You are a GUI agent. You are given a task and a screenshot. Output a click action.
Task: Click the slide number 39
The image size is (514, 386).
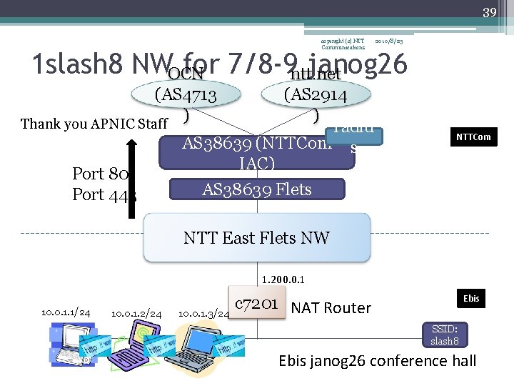(489, 13)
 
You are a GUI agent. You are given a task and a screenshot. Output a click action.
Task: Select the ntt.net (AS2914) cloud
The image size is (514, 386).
(315, 95)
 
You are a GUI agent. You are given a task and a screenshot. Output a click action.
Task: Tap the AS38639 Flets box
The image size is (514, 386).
(257, 189)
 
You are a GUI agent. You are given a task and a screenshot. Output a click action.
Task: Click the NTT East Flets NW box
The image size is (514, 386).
(256, 238)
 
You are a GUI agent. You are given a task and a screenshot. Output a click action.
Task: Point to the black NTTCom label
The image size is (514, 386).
(473, 137)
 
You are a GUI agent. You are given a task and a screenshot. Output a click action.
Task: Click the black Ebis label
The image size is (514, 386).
(471, 298)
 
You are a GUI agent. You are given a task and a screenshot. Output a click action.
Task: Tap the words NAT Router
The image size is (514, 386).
(331, 308)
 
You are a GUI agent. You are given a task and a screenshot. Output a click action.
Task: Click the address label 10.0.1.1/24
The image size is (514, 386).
(66, 312)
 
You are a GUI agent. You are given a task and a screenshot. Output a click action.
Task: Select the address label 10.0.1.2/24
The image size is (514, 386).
(136, 314)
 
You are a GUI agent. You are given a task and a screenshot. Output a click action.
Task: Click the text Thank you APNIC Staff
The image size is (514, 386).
(94, 124)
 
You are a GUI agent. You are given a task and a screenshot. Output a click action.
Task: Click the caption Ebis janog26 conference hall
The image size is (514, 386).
(377, 360)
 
